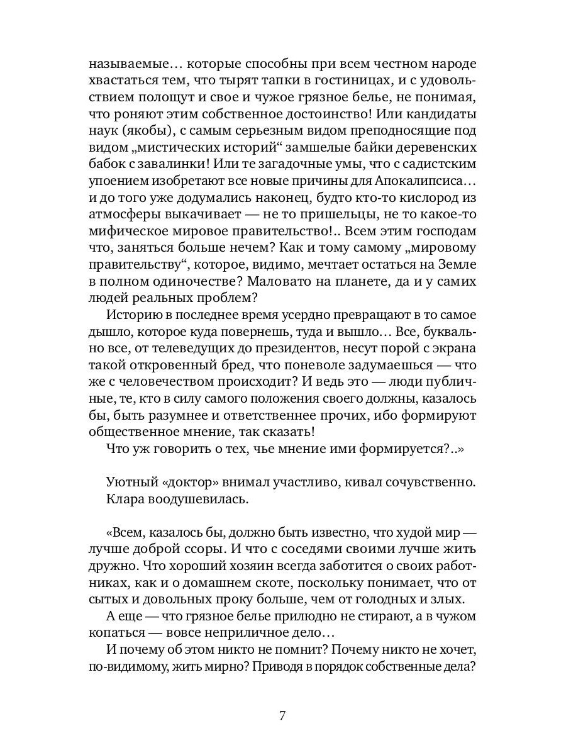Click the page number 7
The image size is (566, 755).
coord(283,716)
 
